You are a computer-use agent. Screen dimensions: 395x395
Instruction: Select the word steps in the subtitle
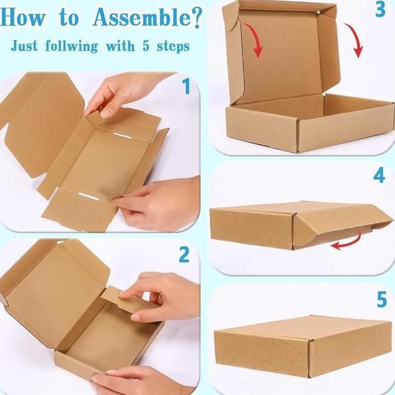[x=170, y=45]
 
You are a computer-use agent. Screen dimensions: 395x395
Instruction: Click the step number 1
[x=186, y=88]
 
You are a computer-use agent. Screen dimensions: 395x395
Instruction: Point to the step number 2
[x=185, y=255]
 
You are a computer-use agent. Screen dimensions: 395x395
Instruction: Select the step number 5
[x=381, y=299]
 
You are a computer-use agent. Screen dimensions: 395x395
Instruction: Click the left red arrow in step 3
[x=256, y=41]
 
